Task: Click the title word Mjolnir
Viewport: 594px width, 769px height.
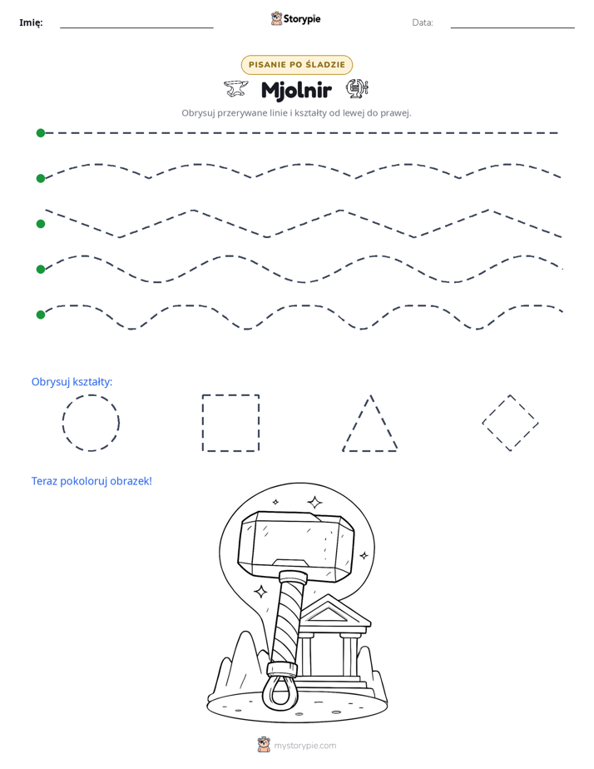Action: (296, 90)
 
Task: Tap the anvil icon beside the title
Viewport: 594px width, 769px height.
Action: (235, 88)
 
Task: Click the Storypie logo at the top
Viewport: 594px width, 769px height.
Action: (295, 19)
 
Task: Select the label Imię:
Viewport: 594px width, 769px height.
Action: (31, 22)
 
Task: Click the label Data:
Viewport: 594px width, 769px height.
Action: (423, 22)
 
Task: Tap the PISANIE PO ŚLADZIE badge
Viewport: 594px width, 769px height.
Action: (296, 65)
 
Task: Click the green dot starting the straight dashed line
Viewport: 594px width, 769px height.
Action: (41, 133)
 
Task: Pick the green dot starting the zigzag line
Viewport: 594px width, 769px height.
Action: (41, 224)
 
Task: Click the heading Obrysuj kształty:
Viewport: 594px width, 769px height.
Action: (72, 381)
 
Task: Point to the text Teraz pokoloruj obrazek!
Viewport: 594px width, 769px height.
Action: (92, 481)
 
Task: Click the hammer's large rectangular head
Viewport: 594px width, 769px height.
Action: (296, 545)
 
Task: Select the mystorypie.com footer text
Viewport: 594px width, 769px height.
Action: (304, 746)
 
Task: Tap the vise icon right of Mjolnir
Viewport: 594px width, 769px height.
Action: (357, 88)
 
